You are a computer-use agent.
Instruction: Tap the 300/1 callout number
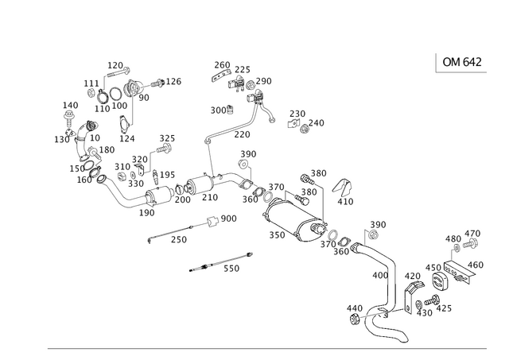(x=221, y=109)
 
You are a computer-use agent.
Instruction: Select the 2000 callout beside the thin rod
(x=228, y=217)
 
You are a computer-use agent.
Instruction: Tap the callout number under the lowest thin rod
(x=231, y=270)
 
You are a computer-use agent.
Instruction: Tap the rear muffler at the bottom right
(x=379, y=326)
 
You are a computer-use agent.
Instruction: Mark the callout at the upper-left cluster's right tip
(x=174, y=80)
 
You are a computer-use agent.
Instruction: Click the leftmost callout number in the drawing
(x=61, y=140)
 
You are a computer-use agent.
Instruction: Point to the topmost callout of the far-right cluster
(x=474, y=232)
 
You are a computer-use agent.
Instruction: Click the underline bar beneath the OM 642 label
(x=461, y=73)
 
